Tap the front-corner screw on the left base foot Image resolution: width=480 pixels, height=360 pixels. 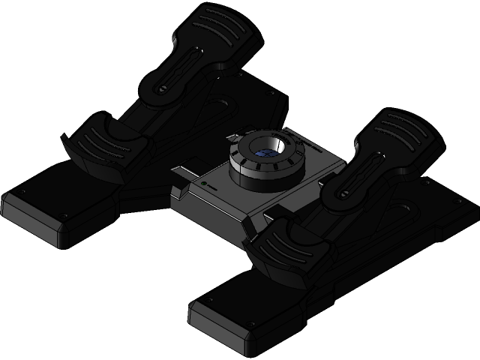63,217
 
